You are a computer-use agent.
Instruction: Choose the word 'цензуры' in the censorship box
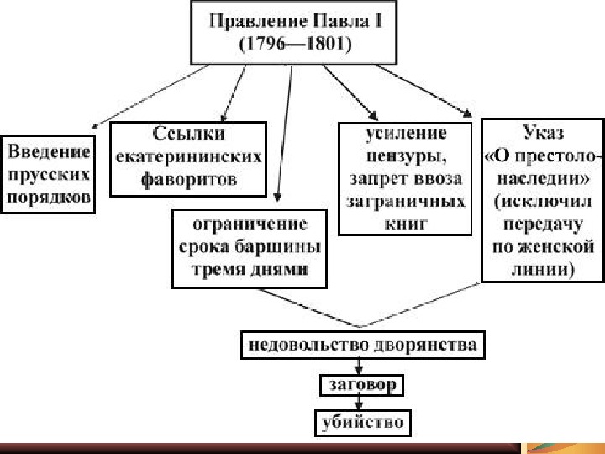coord(404,156)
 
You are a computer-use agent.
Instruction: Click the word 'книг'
coord(404,224)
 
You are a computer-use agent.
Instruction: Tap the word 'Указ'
coord(542,133)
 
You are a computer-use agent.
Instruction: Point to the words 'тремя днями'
coord(250,269)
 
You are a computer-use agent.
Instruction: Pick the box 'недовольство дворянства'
coord(361,345)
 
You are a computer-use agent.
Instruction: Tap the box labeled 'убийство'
coord(361,422)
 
